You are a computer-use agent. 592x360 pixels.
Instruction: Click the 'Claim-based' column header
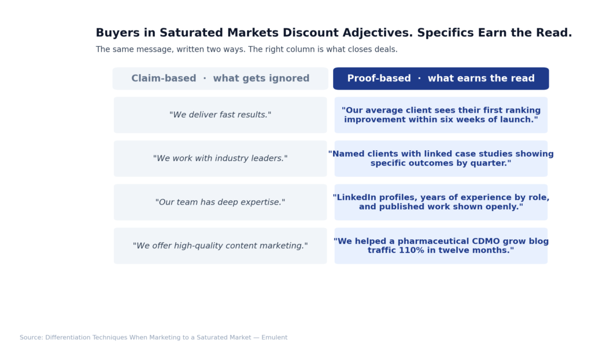pyautogui.click(x=220, y=79)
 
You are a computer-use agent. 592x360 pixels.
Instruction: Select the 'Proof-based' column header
pyautogui.click(x=441, y=79)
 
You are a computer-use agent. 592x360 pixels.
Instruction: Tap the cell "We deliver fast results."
pyautogui.click(x=220, y=115)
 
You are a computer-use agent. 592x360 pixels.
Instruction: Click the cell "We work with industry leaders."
pyautogui.click(x=220, y=158)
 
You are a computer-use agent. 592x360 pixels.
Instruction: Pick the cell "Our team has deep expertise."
pyautogui.click(x=220, y=202)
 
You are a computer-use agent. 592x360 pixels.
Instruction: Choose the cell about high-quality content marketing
pyautogui.click(x=220, y=246)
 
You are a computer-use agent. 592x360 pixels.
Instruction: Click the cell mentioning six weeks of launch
pyautogui.click(x=441, y=115)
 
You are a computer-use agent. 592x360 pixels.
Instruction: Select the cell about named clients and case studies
pyautogui.click(x=441, y=158)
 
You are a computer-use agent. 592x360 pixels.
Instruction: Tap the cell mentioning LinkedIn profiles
pyautogui.click(x=441, y=202)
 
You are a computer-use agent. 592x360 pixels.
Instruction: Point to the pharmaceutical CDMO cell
pyautogui.click(x=441, y=246)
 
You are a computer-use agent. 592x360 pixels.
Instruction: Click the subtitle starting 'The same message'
pyautogui.click(x=246, y=50)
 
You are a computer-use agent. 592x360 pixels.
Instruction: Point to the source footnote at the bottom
pyautogui.click(x=153, y=337)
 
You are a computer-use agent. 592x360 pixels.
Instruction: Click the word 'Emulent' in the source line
pyautogui.click(x=274, y=337)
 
